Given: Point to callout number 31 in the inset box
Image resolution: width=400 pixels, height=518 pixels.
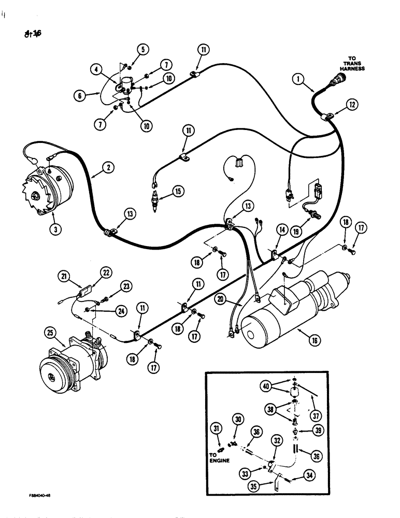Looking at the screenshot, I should [x=216, y=427].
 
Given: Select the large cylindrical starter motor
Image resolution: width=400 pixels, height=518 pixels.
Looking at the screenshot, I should [x=290, y=316].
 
